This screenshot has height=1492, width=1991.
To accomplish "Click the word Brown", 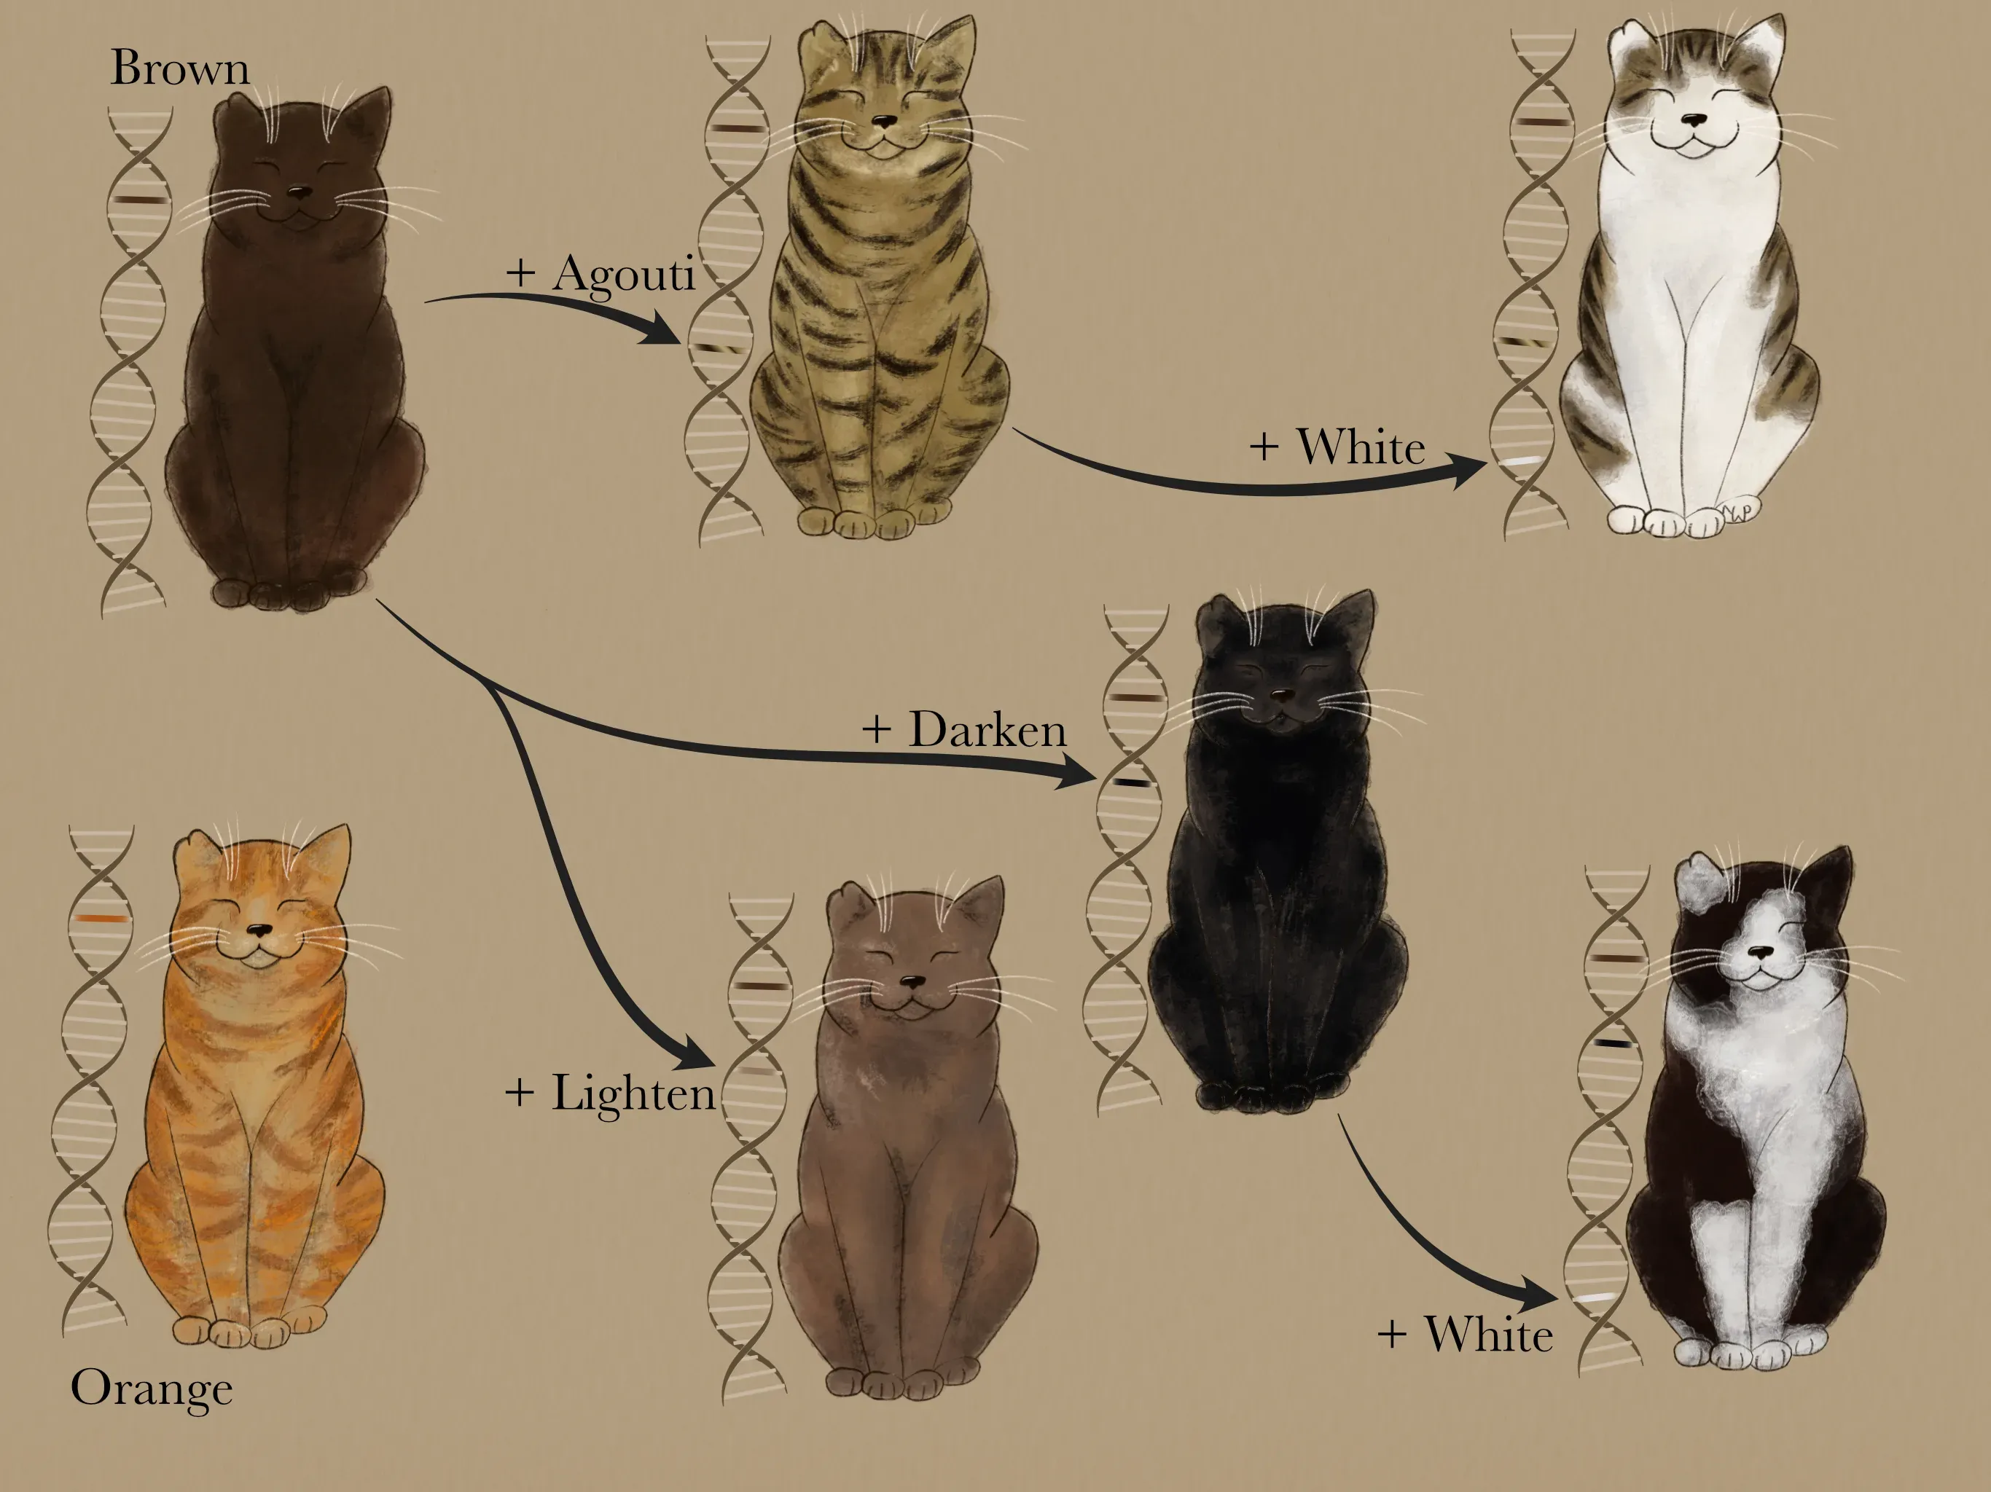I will [179, 68].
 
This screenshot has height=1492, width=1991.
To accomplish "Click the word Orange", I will [151, 1389].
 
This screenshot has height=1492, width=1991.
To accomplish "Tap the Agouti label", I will [623, 272].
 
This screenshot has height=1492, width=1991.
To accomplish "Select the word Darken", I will [987, 729].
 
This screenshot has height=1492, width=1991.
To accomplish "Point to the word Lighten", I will [633, 1094].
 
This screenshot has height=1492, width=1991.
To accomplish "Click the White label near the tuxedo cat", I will [1488, 1334].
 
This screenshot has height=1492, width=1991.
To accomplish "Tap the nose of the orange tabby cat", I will [259, 930].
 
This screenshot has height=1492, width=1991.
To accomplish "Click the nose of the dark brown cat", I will [299, 192].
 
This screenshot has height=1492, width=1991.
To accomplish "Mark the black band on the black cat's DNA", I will [1133, 782].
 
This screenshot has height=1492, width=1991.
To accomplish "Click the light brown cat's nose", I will [912, 982].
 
